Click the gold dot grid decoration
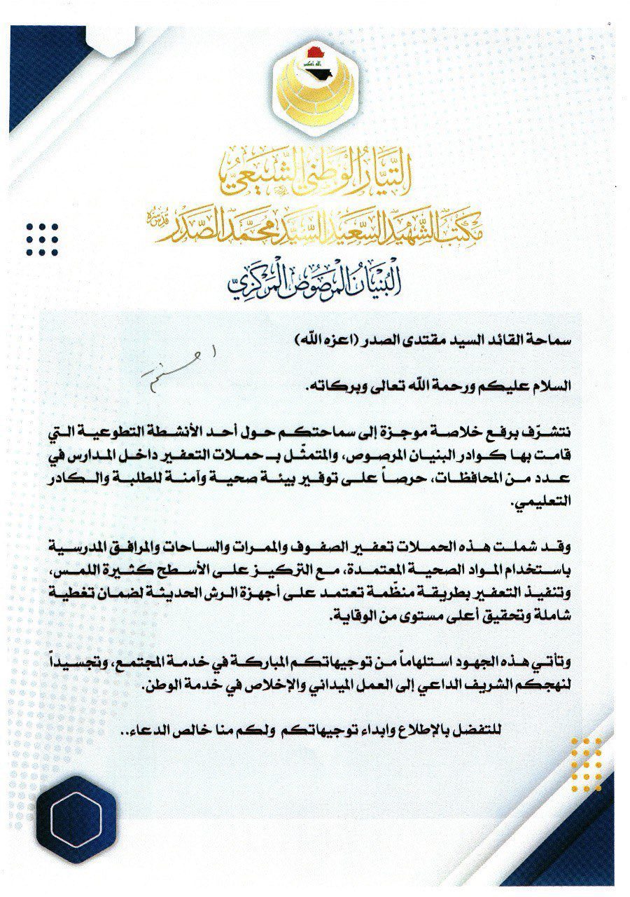[586, 763]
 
